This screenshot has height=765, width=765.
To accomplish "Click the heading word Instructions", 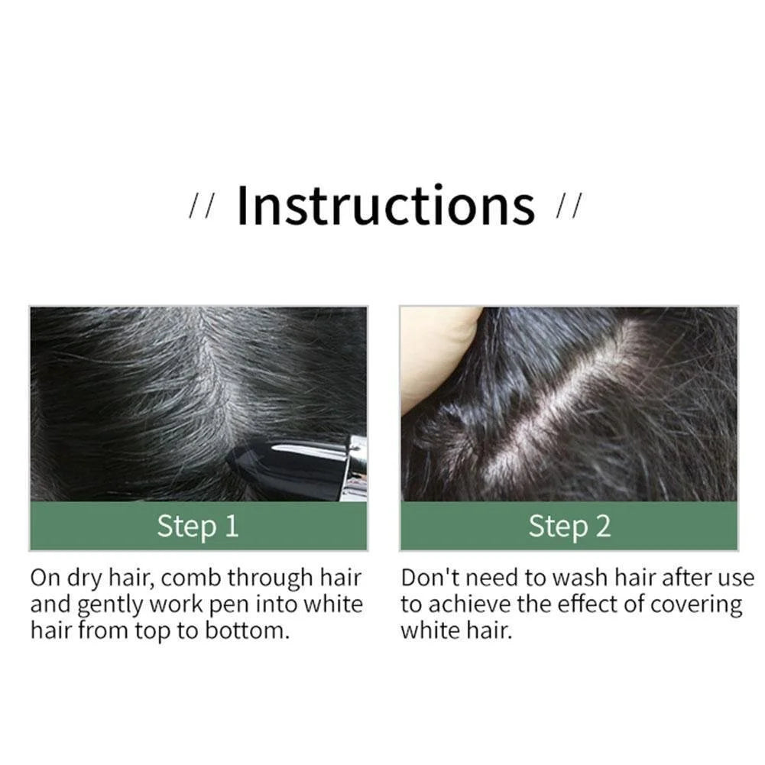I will click(386, 205).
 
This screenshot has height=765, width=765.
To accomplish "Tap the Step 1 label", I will click(198, 527).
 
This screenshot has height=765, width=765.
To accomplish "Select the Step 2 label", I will click(569, 527).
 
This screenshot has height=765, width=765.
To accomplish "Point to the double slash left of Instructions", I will click(203, 208).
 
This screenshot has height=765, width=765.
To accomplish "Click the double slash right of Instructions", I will click(570, 208).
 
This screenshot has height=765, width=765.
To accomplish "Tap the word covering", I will click(696, 605).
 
